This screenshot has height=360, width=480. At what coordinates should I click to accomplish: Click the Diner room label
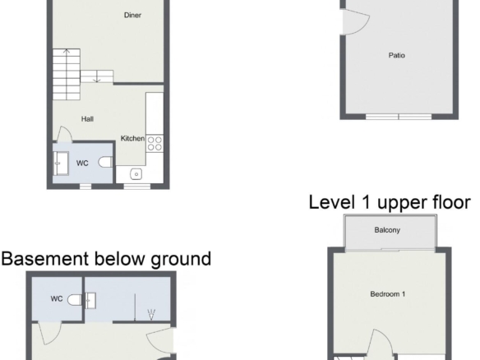coord(132,15)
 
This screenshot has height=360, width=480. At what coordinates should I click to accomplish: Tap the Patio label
coord(397,55)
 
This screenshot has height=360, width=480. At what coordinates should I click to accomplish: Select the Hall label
coord(87,119)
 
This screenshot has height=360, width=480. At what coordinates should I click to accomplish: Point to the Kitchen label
coord(132,138)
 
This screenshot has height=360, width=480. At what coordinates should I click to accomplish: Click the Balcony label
coord(387,230)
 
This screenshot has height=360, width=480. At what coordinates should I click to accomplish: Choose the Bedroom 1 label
coord(388,294)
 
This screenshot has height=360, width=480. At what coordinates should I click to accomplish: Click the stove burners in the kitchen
coord(155,144)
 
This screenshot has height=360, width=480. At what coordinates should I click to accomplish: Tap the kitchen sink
coord(136,174)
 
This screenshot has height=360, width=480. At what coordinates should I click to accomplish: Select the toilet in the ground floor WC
coord(105,162)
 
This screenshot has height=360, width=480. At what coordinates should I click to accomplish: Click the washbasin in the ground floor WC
coord(60,164)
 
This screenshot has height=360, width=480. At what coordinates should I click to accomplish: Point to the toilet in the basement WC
coord(75,300)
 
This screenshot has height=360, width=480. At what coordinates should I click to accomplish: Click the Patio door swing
coord(356,21)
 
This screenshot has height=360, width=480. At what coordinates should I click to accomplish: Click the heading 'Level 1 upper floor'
coord(390,203)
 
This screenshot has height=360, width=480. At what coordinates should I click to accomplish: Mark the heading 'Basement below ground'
coord(106,259)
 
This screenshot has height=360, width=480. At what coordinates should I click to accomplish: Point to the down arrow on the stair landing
coord(97,76)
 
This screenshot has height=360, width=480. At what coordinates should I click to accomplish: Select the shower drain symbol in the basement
coord(151,315)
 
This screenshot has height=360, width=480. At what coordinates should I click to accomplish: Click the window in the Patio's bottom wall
coord(399,117)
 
